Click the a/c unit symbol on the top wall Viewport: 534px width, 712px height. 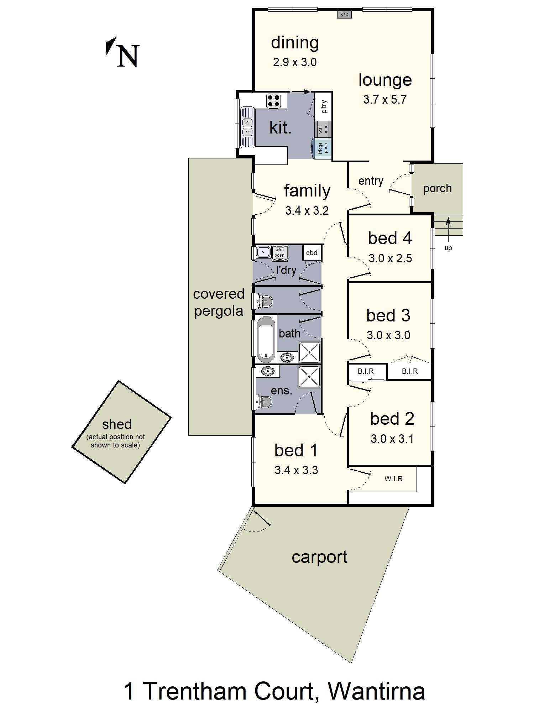click(x=344, y=14)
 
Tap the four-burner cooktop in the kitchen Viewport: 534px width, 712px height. click(x=273, y=101)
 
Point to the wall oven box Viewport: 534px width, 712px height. click(x=323, y=129)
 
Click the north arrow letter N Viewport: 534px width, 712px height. click(x=127, y=56)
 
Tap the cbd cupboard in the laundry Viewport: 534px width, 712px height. click(x=312, y=253)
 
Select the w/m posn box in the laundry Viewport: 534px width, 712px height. click(x=279, y=253)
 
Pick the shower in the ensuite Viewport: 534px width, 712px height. click(x=309, y=377)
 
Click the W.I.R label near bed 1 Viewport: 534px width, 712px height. click(x=393, y=479)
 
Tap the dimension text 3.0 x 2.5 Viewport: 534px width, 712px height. click(x=390, y=258)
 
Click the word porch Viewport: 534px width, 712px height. click(x=437, y=188)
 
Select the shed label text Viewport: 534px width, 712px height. click(x=117, y=424)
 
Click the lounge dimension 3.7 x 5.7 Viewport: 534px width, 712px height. click(x=384, y=100)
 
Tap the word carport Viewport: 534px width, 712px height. click(x=319, y=557)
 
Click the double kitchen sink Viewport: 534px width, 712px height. click(x=247, y=127)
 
